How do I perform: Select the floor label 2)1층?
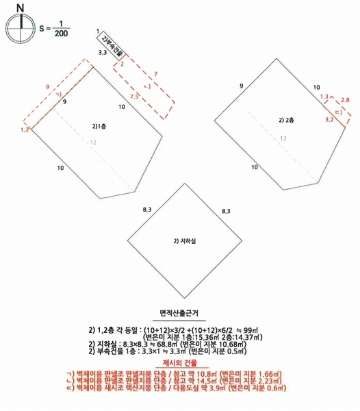click(100, 126)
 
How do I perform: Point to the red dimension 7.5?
click(135, 98)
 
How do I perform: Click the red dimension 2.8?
click(345, 101)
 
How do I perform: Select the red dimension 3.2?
click(329, 119)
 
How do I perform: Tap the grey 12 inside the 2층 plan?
click(282, 138)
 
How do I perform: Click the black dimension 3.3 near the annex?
click(103, 52)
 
